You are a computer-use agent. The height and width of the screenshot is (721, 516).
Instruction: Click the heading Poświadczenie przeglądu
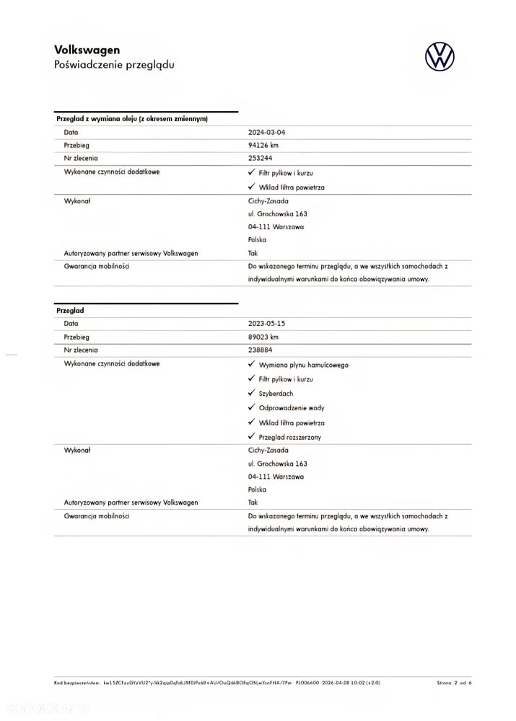[114, 64]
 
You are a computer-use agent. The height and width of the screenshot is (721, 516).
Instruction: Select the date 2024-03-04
[271, 133]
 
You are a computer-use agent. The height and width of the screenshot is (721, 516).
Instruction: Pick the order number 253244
[261, 157]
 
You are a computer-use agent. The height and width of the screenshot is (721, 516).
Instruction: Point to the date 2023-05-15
[271, 324]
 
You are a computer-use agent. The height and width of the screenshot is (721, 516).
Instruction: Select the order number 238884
[261, 349]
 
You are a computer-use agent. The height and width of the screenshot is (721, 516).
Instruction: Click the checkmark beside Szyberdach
[251, 393]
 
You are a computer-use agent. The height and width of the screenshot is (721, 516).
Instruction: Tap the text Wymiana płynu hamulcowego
[303, 365]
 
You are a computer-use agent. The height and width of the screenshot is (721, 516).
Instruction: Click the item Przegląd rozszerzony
[289, 437]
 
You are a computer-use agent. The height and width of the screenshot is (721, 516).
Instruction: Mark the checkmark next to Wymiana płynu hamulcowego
[251, 364]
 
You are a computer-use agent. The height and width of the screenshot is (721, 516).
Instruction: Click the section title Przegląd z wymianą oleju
[132, 119]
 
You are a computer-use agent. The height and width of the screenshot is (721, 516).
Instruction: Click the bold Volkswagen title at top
[87, 50]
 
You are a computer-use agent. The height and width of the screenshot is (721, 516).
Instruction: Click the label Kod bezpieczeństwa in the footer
[76, 682]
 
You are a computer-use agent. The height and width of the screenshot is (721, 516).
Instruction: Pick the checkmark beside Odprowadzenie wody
[251, 407]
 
